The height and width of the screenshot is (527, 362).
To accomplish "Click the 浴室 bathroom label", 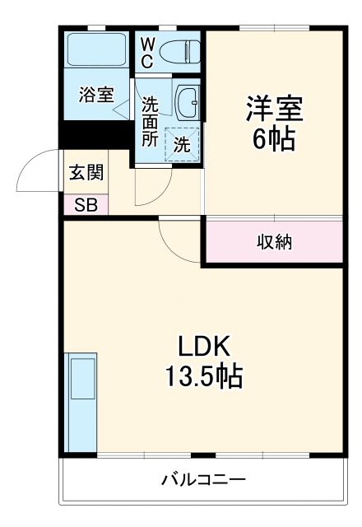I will (x=96, y=94).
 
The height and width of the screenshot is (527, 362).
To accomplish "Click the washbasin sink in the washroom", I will (x=187, y=100).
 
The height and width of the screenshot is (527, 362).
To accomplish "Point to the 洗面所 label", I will (x=150, y=121).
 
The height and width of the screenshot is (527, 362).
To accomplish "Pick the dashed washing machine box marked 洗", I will (x=181, y=142).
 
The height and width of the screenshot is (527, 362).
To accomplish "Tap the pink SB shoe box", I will (x=85, y=205).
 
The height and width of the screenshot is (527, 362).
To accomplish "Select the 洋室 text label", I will (x=274, y=108).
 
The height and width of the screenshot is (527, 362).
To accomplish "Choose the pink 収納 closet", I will (x=273, y=242).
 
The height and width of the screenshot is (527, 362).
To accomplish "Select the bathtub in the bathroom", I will (x=95, y=51).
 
